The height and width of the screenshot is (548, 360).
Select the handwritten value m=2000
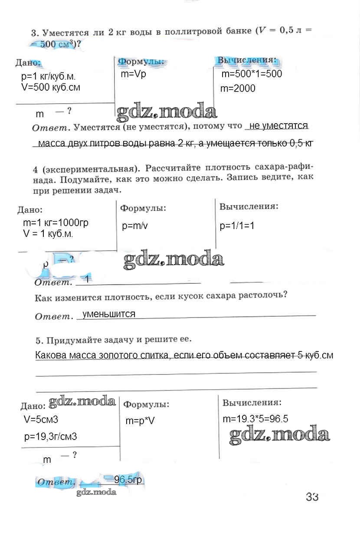pos(238,89)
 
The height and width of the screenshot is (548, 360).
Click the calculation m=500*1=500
pos(252,74)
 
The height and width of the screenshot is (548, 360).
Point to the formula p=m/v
pos(135,226)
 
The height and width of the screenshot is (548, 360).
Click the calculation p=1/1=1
pos(237,226)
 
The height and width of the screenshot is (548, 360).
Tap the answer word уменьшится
pos(108,314)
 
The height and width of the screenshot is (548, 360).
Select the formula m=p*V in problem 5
pos(140,421)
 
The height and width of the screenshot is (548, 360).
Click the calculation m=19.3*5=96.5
pos(255,419)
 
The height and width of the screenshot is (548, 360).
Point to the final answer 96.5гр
pos(128,480)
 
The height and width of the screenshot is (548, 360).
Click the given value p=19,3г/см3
pos(51,436)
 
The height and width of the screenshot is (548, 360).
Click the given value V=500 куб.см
pos(50,87)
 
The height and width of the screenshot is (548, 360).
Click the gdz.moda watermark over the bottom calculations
pos(279,434)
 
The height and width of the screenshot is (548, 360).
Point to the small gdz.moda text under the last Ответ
pos(96,492)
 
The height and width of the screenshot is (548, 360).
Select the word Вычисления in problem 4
pos(249,207)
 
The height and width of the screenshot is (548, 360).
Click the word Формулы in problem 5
pos(146,404)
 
